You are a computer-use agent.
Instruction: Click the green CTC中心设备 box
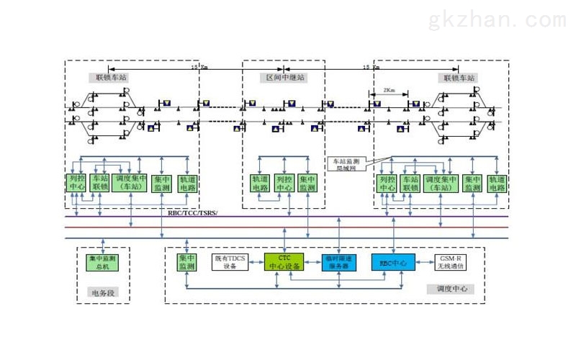coord(283,263)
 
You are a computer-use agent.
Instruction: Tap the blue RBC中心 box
coord(392,263)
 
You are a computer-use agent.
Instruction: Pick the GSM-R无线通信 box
coord(451,263)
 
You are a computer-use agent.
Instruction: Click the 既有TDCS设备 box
coord(231,263)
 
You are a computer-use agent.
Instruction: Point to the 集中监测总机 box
coord(102,262)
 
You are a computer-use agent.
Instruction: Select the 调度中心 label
coord(452,289)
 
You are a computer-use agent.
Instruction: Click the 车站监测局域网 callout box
coord(348,163)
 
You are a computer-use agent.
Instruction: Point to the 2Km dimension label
coord(389,92)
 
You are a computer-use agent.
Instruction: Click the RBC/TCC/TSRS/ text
coord(192,213)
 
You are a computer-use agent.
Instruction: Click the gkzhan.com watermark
coord(497,19)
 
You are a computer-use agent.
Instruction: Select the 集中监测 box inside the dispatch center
coord(186,262)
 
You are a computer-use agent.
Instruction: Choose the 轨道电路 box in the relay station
coord(260,183)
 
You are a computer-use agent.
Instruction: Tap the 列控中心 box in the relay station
coord(284,183)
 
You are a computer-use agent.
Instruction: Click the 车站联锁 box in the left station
coord(100,182)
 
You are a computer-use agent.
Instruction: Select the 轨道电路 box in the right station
coord(497,183)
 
